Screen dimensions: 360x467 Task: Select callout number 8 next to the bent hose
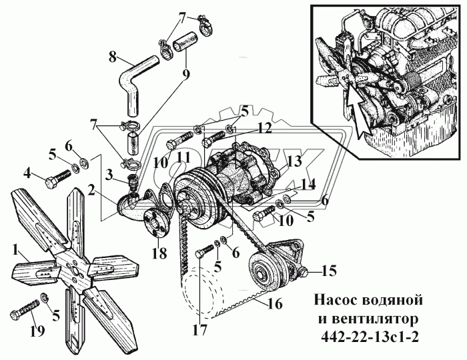tap(113, 57)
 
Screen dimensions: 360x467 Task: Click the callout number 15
tap(328, 271)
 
